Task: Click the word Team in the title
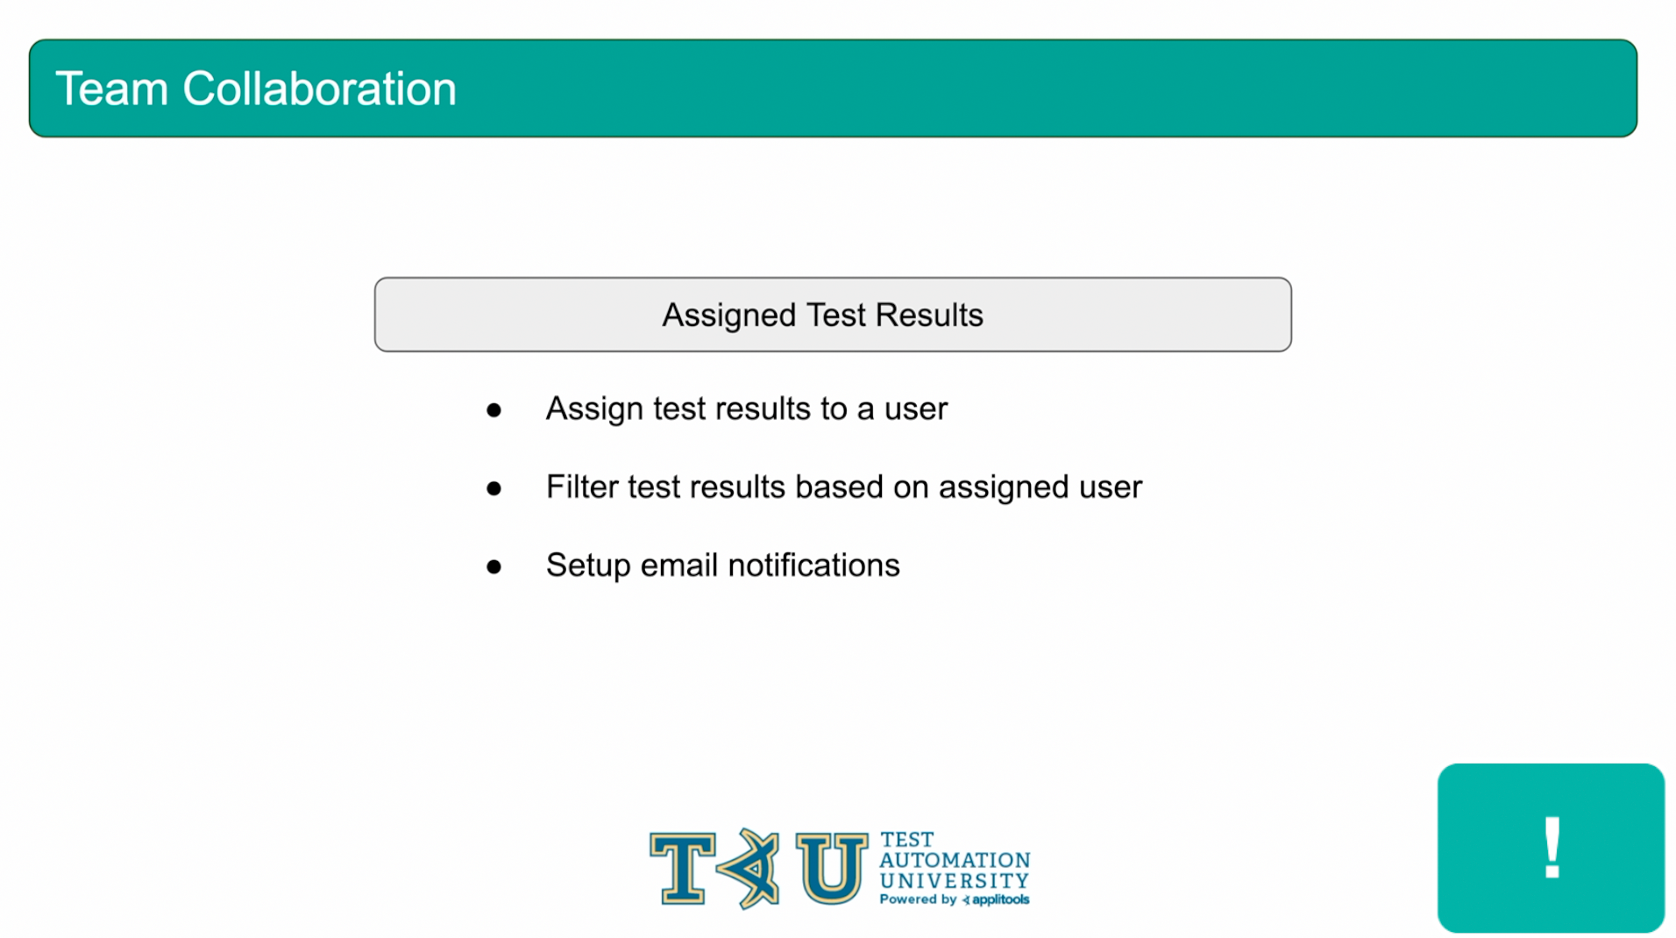coord(111,89)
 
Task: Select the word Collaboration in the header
coord(320,89)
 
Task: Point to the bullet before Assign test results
coord(494,410)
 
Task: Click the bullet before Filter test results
coord(494,488)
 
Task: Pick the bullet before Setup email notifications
coord(494,567)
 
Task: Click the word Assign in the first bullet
coord(594,409)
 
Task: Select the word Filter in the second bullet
coord(582,487)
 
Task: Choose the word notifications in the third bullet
coord(814,565)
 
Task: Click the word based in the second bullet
coord(839,487)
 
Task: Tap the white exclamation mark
coord(1552,847)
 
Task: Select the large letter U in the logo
coord(831,868)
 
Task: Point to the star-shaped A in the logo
coord(748,868)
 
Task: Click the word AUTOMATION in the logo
coord(955,860)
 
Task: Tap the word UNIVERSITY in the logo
coord(954,881)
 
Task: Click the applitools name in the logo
coord(1000,899)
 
